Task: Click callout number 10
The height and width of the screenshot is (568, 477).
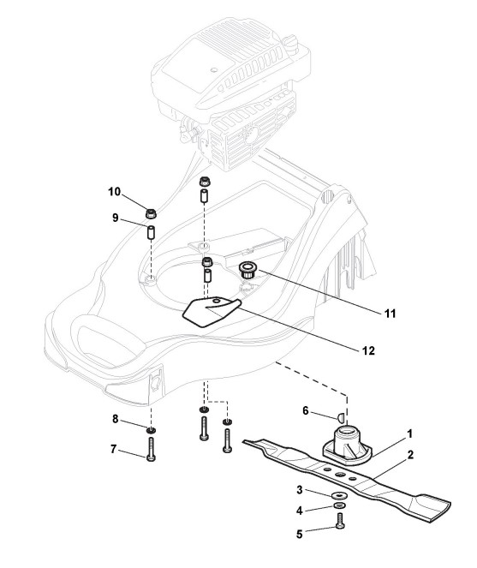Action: (115, 192)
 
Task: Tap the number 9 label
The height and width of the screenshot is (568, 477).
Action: (115, 218)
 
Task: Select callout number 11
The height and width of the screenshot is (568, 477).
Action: (390, 313)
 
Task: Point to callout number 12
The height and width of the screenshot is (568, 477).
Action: (368, 350)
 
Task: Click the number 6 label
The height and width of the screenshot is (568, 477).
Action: (306, 411)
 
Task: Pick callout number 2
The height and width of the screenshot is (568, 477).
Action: (410, 455)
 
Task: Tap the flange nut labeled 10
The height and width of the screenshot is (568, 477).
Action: (151, 213)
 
